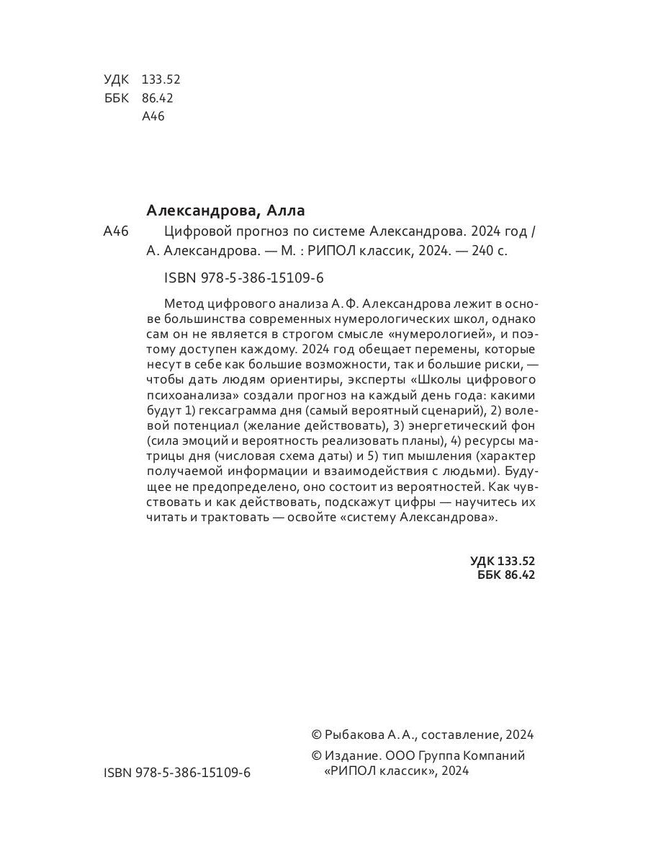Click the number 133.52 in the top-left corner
(x=161, y=80)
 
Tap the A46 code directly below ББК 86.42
(x=154, y=117)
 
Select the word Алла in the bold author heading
(x=286, y=210)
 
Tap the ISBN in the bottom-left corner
(x=177, y=772)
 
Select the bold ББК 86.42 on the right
(x=506, y=575)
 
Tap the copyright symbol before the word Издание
(x=315, y=756)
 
